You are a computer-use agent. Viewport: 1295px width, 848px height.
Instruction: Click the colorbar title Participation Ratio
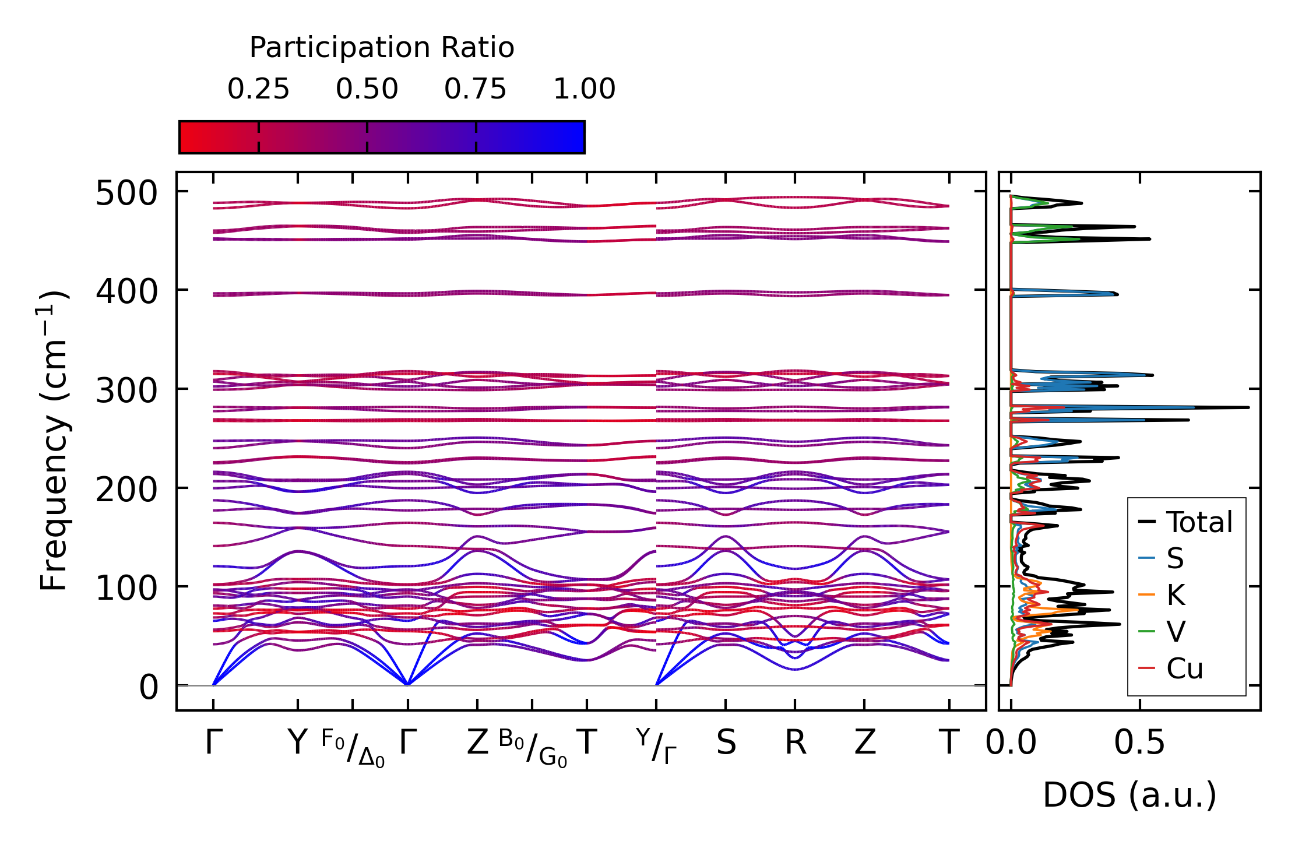click(382, 48)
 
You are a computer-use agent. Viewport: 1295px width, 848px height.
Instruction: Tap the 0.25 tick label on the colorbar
click(258, 89)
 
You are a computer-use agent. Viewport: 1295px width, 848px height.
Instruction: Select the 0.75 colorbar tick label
click(476, 89)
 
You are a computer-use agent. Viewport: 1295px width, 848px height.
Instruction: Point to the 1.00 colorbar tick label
click(584, 89)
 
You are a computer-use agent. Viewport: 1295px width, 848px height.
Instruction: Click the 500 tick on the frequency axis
click(126, 193)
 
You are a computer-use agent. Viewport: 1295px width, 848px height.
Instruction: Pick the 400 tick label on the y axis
click(126, 291)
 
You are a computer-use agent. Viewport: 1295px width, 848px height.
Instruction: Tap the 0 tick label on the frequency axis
click(148, 687)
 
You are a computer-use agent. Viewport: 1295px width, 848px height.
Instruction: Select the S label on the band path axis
click(726, 743)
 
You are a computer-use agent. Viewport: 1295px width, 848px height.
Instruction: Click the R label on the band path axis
click(795, 743)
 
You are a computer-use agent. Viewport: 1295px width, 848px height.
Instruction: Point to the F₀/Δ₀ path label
click(353, 748)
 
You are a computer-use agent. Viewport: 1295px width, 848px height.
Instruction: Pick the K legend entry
click(1175, 595)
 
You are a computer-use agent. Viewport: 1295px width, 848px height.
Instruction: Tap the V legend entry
click(1175, 632)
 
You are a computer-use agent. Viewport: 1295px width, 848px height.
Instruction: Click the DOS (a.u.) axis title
click(1129, 795)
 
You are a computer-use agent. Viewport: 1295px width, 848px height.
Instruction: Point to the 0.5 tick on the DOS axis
click(1139, 743)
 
